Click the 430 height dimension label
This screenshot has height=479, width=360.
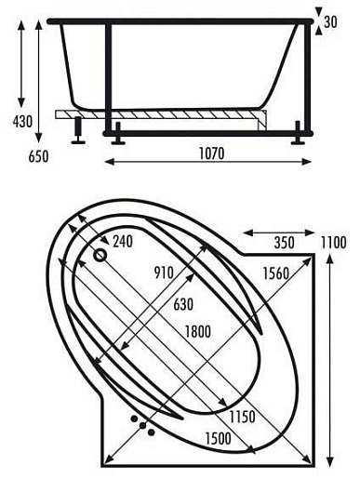(x=22, y=121)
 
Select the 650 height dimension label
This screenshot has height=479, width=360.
(x=38, y=156)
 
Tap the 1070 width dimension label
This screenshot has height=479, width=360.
(x=211, y=153)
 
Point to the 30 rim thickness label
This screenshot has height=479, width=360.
(x=330, y=22)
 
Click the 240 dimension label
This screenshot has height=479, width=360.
(x=123, y=242)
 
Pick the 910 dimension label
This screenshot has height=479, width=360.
(x=164, y=273)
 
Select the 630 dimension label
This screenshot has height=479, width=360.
(x=183, y=304)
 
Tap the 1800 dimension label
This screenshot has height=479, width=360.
(x=198, y=332)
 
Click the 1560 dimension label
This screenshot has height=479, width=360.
(x=276, y=273)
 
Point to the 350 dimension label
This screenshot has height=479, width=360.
(x=284, y=243)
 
